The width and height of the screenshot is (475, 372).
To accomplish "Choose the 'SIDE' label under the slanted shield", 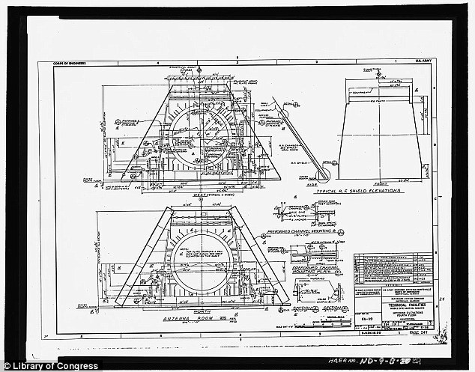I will click(312, 183).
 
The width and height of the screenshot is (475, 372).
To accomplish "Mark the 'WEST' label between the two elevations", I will click(199, 195).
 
